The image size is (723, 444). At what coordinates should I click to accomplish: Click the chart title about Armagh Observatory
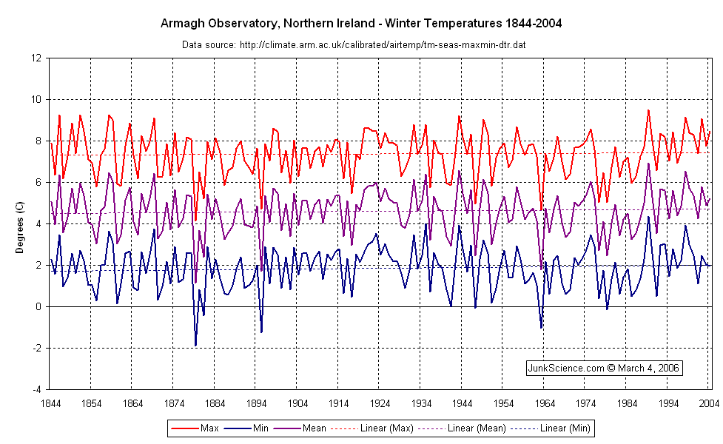(x=361, y=24)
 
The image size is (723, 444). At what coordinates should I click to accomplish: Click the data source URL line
(x=354, y=45)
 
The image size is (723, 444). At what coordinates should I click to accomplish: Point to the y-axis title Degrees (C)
(x=21, y=223)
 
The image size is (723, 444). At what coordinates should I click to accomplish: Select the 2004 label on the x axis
(x=709, y=404)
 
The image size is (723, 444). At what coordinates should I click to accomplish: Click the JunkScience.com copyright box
(x=603, y=368)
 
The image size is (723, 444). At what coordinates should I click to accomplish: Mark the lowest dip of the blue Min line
(x=195, y=346)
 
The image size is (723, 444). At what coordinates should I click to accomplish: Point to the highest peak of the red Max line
(x=648, y=110)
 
